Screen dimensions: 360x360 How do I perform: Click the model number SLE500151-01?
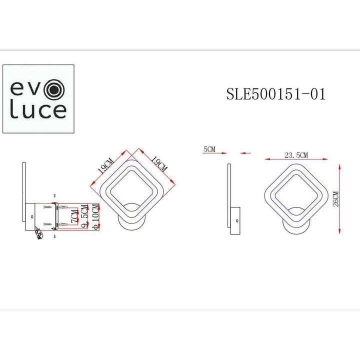tap(276, 94)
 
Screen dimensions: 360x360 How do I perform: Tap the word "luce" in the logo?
tap(38, 110)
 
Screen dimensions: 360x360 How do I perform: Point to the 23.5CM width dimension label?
tap(296, 155)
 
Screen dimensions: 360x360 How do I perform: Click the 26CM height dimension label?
tap(335, 198)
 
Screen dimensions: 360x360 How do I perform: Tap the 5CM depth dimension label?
tap(209, 149)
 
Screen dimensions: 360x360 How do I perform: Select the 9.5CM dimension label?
tap(84, 218)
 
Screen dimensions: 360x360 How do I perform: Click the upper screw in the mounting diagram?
tap(48, 206)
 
